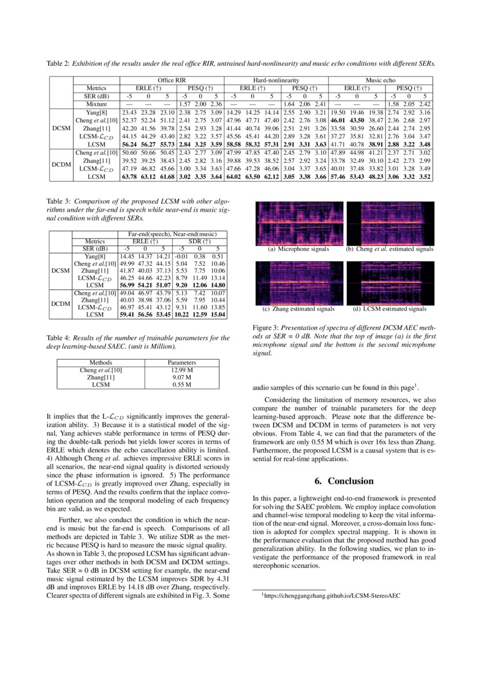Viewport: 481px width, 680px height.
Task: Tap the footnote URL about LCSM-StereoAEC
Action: (x=332, y=596)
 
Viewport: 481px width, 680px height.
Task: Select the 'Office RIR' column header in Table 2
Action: (x=172, y=80)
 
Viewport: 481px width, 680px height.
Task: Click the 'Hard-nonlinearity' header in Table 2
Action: (x=276, y=80)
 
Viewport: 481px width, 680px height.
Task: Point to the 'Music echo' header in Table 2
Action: (x=380, y=80)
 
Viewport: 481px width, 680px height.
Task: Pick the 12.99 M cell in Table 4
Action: (x=181, y=370)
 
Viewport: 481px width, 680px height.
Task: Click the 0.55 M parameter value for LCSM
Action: (x=181, y=384)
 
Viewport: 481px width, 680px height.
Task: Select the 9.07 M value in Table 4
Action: (x=181, y=378)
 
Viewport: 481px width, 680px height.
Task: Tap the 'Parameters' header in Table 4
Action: (x=181, y=362)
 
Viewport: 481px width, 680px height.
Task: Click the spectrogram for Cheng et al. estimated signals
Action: (x=389, y=223)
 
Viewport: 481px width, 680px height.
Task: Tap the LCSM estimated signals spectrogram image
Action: (x=389, y=283)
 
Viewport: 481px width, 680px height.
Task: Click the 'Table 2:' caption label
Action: (x=58, y=63)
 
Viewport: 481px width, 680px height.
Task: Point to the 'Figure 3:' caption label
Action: (x=266, y=328)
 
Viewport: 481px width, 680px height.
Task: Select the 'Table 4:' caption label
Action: (x=58, y=337)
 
